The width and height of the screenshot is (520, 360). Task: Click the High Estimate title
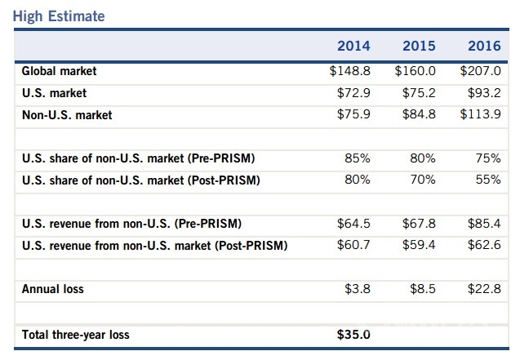point(59,16)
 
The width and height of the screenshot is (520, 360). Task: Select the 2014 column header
point(353,46)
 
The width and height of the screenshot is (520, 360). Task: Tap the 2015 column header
point(419,46)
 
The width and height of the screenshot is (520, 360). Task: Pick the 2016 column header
point(484,46)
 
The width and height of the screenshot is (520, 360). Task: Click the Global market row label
point(59,72)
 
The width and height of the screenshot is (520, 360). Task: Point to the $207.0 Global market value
point(480,72)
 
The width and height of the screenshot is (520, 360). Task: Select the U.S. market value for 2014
point(353,93)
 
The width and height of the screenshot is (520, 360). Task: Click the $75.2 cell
point(419,93)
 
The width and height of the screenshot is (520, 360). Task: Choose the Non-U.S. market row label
point(67,115)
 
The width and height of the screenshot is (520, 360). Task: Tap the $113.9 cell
point(480,115)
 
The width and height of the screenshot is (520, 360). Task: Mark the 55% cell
point(487,180)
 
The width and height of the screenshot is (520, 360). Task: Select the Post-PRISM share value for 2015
point(422,180)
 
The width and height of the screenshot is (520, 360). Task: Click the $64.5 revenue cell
point(353,224)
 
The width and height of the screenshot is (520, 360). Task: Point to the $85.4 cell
point(484,224)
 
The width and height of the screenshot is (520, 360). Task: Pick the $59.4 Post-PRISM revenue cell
point(419,245)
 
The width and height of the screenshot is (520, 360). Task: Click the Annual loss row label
point(52,289)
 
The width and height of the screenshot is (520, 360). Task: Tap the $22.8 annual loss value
point(484,289)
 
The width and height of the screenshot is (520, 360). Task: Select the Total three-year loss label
point(75,334)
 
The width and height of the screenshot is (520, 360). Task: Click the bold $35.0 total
point(353,334)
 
